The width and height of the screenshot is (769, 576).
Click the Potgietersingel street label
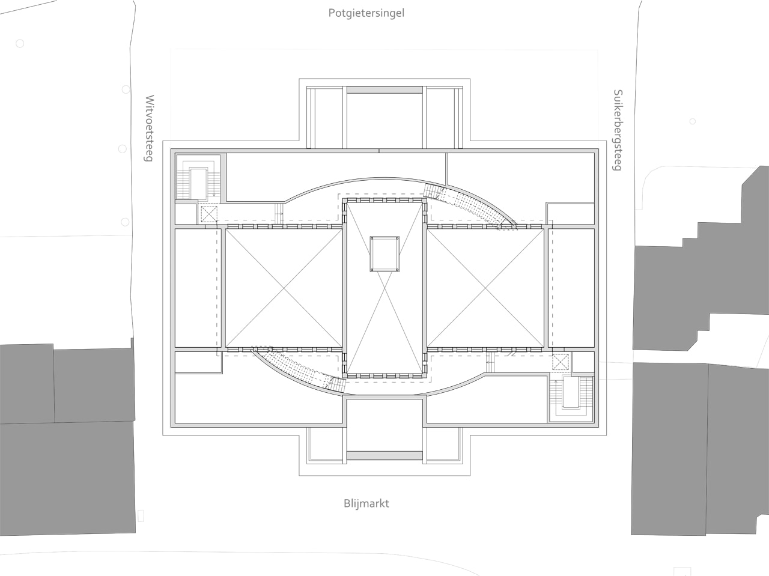[x=366, y=13]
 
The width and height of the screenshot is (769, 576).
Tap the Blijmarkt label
[x=366, y=503]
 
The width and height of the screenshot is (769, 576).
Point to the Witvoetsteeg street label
[x=150, y=128]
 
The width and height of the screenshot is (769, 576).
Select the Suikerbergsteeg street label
[x=616, y=130]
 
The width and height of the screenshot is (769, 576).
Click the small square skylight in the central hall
[x=384, y=253]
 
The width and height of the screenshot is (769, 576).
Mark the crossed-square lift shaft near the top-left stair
[x=208, y=213]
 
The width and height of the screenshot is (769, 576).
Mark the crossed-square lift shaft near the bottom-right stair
[x=559, y=363]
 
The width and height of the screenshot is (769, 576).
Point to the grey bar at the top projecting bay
[x=385, y=90]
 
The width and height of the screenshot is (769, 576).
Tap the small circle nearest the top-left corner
[x=20, y=44]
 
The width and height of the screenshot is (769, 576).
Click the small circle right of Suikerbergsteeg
[x=693, y=121]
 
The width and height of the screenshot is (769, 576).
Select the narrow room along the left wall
[x=195, y=287]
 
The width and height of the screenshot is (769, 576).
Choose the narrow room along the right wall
[x=573, y=287]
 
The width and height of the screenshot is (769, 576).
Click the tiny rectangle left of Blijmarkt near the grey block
[x=141, y=515]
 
